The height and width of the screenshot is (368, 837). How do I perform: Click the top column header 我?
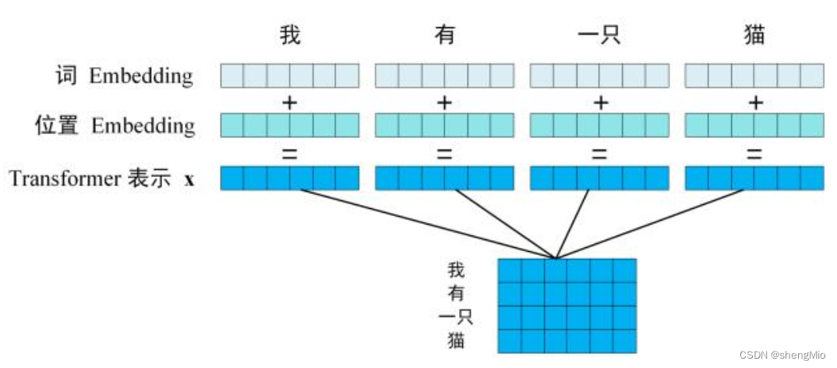coord(290,36)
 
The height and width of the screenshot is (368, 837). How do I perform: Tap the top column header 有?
coord(444,36)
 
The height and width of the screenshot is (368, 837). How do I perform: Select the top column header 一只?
coord(599,36)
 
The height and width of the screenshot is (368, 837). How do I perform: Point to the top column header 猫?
coord(754,36)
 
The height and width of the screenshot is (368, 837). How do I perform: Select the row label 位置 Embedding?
coord(115,126)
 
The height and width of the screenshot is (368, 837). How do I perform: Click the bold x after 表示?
coord(189,179)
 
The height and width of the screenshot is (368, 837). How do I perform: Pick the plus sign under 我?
coord(290,102)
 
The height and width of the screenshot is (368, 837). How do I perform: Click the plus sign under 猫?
coord(754,102)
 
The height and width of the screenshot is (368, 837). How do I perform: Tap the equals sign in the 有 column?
coord(444,153)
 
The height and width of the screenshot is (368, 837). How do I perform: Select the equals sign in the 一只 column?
coord(599,153)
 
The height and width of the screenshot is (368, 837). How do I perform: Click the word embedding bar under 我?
coord(290,76)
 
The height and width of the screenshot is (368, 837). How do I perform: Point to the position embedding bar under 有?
coord(444,126)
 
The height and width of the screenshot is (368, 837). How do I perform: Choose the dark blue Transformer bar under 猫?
coord(754,179)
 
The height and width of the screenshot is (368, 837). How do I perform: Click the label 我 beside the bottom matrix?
coord(457,271)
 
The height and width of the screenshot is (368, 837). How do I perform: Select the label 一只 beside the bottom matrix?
coord(457,317)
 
